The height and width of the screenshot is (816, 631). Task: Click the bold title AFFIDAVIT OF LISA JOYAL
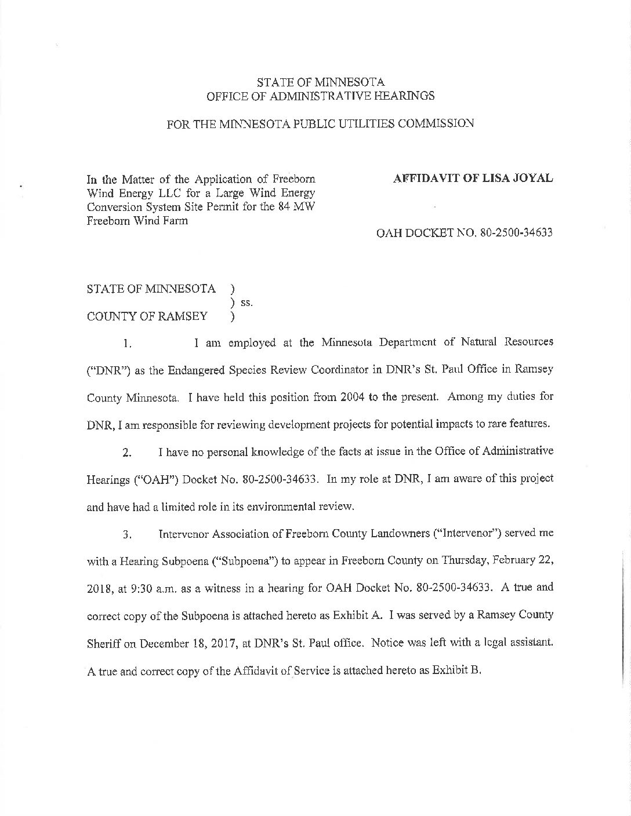(473, 179)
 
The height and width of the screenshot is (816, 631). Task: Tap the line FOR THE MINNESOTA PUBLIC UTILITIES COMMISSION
(320, 124)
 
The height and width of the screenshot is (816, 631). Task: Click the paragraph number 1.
(129, 344)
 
